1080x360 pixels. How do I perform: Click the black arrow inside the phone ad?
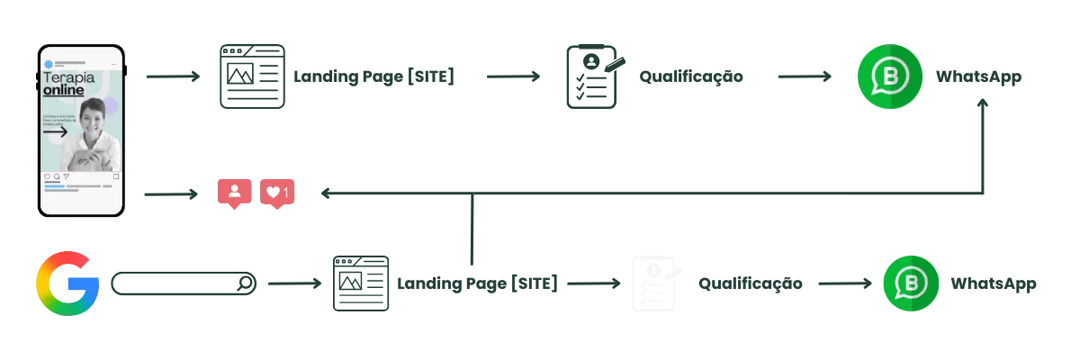tap(55, 131)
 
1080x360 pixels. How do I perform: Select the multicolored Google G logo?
tap(67, 283)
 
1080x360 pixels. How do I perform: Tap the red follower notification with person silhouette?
tap(234, 193)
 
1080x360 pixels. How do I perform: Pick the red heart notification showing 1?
tap(277, 193)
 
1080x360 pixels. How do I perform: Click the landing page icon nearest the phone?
tap(252, 78)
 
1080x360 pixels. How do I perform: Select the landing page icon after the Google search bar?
tap(363, 284)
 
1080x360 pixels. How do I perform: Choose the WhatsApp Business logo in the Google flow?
tap(911, 284)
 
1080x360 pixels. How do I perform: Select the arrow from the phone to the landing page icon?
tap(171, 77)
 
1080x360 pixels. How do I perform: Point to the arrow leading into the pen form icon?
tap(510, 77)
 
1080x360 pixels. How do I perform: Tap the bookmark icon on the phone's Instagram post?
tap(116, 176)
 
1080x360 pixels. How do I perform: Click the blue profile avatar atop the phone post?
tap(47, 64)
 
